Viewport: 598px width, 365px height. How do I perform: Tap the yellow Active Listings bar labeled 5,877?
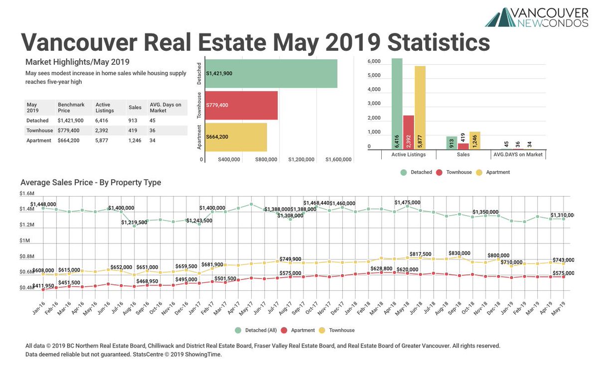[420, 108]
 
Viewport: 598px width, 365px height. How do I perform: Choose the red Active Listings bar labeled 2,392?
[409, 132]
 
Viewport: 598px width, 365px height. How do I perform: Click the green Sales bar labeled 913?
[451, 143]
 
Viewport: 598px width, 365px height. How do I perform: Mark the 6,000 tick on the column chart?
[374, 62]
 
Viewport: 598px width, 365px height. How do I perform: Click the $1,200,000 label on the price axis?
[302, 160]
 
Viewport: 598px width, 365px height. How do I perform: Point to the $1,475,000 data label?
[407, 203]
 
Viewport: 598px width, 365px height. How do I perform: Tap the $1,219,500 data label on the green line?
[134, 223]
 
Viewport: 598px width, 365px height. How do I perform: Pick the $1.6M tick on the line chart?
[27, 193]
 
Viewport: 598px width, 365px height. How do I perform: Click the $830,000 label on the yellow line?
[459, 253]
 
